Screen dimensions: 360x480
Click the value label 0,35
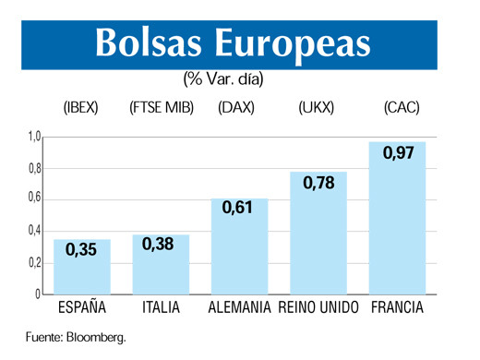click(x=82, y=249)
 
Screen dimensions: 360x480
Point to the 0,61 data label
click(x=240, y=209)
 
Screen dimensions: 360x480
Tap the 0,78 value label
click(x=318, y=182)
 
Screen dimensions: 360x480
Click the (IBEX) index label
click(x=82, y=108)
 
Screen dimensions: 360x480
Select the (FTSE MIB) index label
click(x=162, y=108)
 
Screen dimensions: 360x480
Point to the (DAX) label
click(x=236, y=108)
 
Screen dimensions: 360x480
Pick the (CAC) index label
click(x=401, y=108)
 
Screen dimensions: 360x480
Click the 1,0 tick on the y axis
click(x=34, y=138)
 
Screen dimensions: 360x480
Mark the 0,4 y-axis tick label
click(x=34, y=232)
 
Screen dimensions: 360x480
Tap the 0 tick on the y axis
click(x=38, y=294)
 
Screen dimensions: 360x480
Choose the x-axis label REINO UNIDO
click(x=318, y=307)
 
